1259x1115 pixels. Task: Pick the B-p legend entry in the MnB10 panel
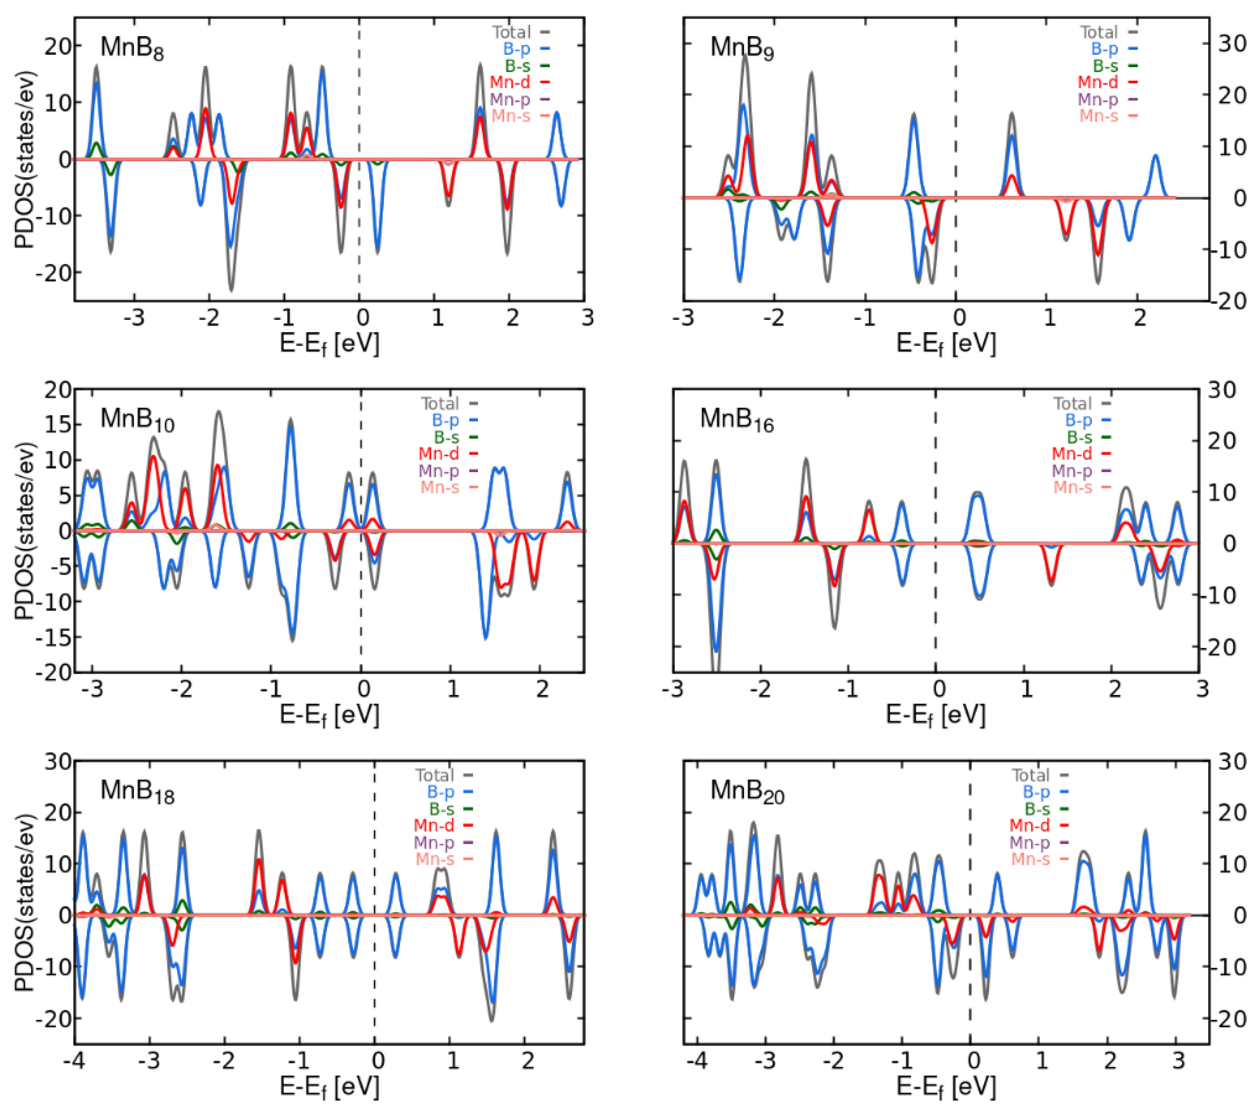coord(445,420)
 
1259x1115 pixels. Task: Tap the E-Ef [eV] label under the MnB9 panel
coord(946,343)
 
